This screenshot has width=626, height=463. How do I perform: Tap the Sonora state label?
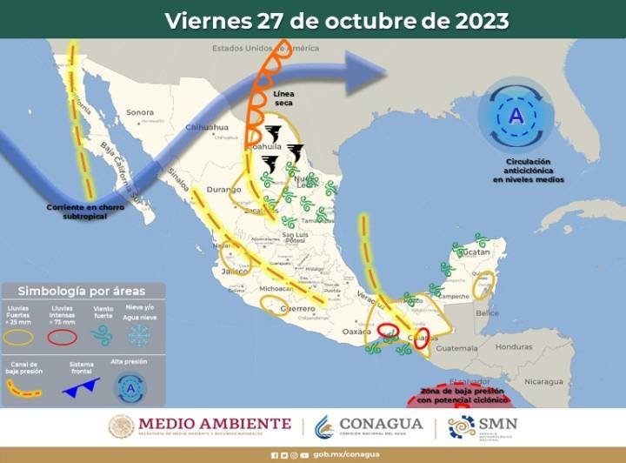tap(139, 112)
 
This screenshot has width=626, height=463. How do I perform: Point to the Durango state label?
tap(223, 189)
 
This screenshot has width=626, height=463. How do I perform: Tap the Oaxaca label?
tap(356, 332)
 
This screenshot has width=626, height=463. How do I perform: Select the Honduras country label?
tap(513, 346)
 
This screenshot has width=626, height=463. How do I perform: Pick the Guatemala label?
tap(457, 349)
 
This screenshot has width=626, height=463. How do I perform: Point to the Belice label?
tap(487, 312)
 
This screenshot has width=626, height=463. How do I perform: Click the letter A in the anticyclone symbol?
tap(516, 116)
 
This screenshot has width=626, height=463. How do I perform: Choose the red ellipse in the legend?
tap(62, 336)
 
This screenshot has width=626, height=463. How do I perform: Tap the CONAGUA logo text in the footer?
tap(380, 425)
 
